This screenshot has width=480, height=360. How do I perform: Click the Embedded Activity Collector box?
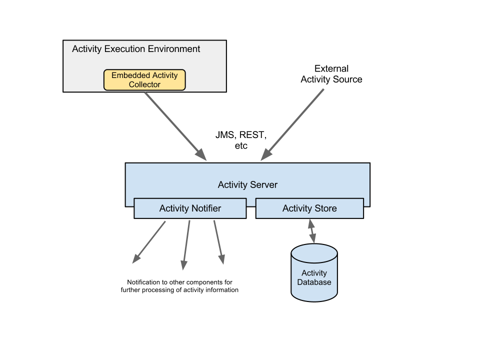click(x=144, y=80)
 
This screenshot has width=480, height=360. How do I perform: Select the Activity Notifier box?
click(x=190, y=208)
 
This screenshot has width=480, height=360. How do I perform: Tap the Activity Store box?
click(x=309, y=208)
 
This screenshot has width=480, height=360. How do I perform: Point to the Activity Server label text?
click(x=247, y=185)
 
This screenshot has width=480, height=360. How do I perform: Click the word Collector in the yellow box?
click(x=144, y=84)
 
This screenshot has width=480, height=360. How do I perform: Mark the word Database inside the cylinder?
click(x=314, y=282)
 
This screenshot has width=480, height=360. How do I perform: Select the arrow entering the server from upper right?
click(x=293, y=124)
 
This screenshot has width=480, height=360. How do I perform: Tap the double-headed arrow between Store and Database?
click(x=312, y=231)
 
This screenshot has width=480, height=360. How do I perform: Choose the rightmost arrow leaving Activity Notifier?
click(x=218, y=242)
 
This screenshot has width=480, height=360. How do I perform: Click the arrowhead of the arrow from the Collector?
click(x=201, y=154)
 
